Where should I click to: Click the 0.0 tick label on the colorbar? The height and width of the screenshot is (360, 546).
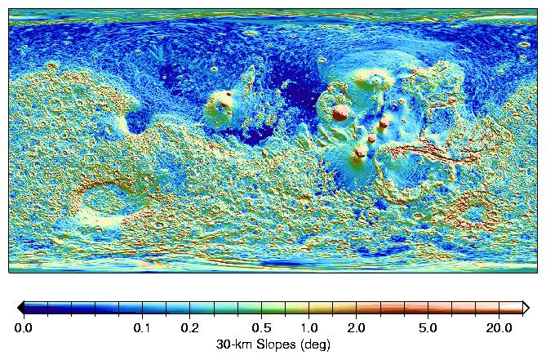[x=24, y=327]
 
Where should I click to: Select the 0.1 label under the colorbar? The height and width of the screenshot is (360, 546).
[x=142, y=327]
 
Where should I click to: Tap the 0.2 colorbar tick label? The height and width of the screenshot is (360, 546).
[x=189, y=327]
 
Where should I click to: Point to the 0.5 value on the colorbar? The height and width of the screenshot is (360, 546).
[x=261, y=327]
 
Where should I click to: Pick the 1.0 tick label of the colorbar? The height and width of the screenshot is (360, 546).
[x=309, y=327]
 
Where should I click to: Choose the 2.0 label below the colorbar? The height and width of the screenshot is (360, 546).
[x=356, y=327]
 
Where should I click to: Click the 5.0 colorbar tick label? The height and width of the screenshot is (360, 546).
[x=428, y=327]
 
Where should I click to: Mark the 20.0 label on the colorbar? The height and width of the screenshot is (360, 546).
[x=496, y=327]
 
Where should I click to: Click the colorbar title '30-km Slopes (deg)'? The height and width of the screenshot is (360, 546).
[x=273, y=344]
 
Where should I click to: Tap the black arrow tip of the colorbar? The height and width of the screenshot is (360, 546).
[x=21, y=308]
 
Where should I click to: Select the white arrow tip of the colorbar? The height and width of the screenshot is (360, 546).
[x=525, y=308]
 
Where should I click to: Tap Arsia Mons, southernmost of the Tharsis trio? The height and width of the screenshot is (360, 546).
[x=360, y=152]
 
